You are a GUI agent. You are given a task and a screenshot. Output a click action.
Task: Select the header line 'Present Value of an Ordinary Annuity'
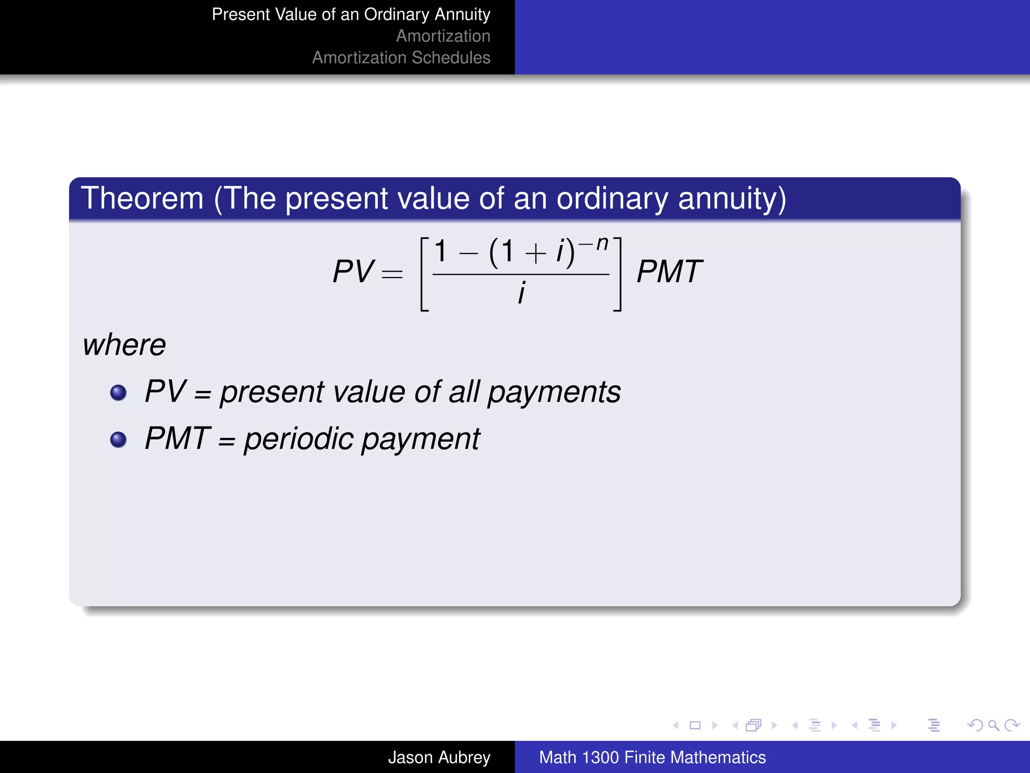pos(351,15)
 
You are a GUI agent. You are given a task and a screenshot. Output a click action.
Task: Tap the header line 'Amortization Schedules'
pos(401,58)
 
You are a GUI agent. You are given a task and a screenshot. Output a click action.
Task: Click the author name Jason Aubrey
pos(439,757)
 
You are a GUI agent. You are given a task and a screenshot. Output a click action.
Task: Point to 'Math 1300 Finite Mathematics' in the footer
pos(652,757)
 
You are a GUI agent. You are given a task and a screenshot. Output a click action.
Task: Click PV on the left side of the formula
pos(353,272)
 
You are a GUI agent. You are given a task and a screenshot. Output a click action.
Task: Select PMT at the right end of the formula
pos(669,272)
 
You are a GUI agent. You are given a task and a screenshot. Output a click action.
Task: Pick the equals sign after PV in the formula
pos(392,274)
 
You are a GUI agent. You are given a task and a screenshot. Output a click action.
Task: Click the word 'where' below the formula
pos(124,345)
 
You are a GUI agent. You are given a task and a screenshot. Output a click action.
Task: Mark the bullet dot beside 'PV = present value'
pos(118,393)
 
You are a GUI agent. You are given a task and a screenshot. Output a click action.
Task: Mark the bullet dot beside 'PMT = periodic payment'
pos(118,439)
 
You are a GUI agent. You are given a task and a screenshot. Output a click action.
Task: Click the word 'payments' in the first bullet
pos(554,393)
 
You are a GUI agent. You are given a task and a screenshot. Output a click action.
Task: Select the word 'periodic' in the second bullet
pos(299,439)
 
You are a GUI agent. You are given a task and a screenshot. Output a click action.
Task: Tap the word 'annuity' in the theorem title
pos(732,199)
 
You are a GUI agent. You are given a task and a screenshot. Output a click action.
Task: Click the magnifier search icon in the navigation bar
pos(993,725)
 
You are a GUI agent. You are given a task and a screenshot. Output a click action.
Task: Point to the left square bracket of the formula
pos(424,274)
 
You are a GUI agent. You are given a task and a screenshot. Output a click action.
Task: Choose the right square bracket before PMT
pos(618,274)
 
